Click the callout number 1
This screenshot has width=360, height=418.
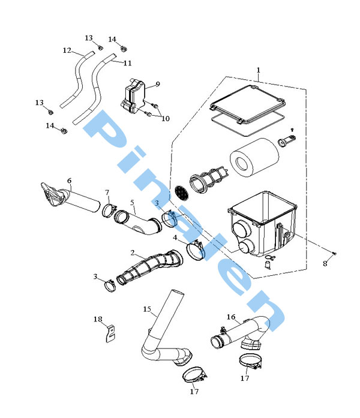[x=258, y=70]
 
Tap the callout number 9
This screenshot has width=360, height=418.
[x=158, y=84]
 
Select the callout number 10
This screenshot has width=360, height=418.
[x=166, y=119]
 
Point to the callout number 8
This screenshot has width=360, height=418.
[x=325, y=264]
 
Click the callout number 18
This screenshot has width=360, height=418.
[x=98, y=319]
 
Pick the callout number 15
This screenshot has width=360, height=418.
[x=147, y=309]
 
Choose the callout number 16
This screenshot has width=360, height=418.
[x=231, y=317]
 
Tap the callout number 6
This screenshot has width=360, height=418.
[x=70, y=181]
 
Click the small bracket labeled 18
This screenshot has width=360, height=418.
[x=110, y=334]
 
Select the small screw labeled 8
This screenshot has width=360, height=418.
[x=334, y=253]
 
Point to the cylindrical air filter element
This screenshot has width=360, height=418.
[x=254, y=157]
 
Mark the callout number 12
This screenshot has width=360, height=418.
[x=67, y=50]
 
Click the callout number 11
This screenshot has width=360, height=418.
[x=127, y=63]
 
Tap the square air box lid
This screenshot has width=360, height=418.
[x=248, y=104]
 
